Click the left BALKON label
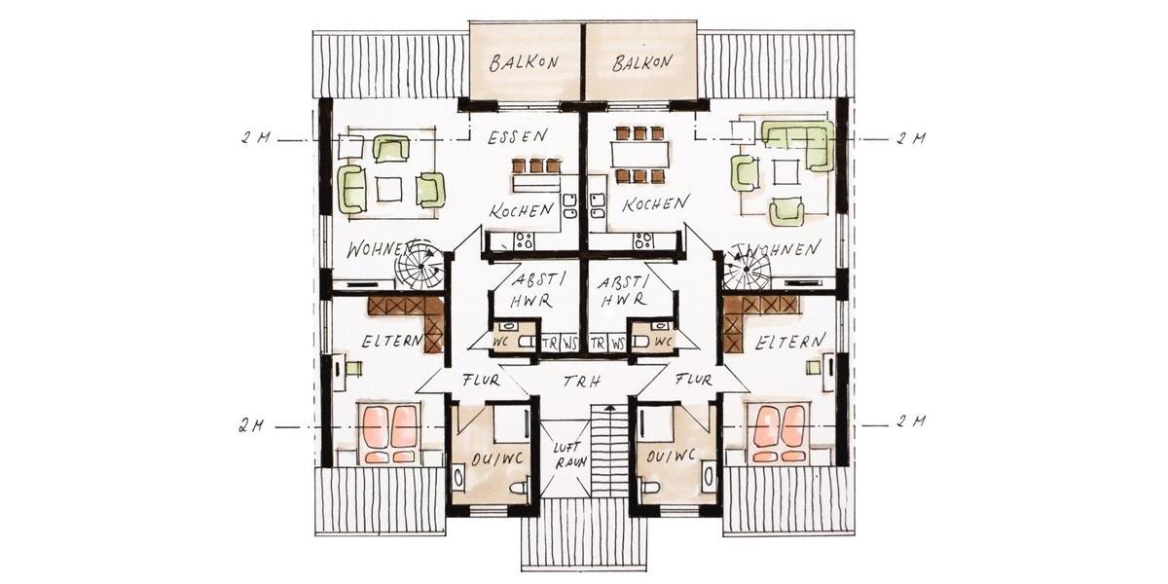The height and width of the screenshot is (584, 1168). pyautogui.click(x=525, y=63)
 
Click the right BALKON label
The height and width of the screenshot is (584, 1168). pyautogui.click(x=642, y=63)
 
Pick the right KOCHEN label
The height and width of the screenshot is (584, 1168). pyautogui.click(x=657, y=204)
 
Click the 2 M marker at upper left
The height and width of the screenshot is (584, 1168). pyautogui.click(x=256, y=138)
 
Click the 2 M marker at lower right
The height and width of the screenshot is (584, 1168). pyautogui.click(x=910, y=422)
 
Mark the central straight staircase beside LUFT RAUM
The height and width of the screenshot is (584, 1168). pyautogui.click(x=607, y=453)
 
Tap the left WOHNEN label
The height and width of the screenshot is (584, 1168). pyautogui.click(x=373, y=249)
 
